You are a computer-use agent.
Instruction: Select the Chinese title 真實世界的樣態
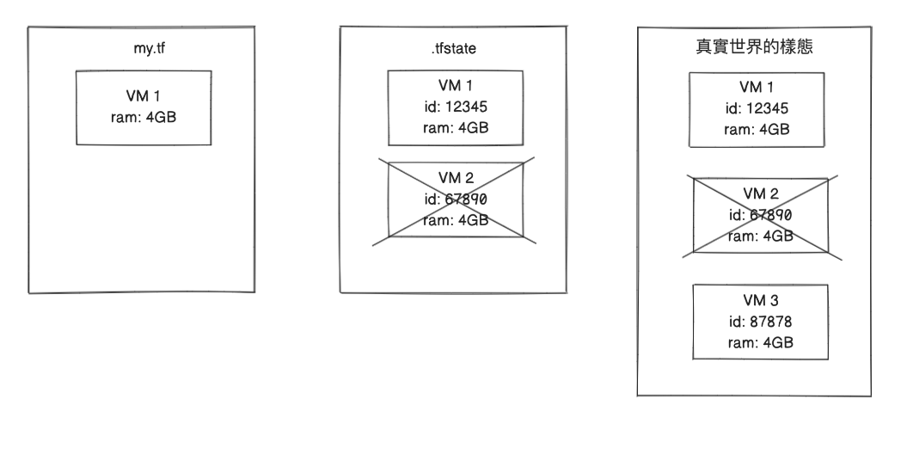(x=756, y=49)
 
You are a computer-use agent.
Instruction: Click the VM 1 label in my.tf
(x=144, y=96)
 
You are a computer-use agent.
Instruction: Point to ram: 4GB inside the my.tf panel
(x=144, y=117)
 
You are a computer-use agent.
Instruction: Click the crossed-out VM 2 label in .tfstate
(x=456, y=178)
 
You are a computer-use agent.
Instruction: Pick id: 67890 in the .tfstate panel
(x=456, y=199)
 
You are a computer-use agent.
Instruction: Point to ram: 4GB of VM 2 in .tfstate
(x=456, y=220)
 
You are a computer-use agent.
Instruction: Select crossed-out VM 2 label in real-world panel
(x=760, y=194)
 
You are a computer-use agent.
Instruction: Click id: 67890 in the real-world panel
(x=760, y=215)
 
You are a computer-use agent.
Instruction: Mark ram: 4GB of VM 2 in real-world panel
(x=760, y=236)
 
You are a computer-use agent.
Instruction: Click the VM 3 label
(x=760, y=301)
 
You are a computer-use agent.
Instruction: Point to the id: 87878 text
(x=760, y=322)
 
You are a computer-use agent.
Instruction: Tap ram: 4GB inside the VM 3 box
(x=760, y=342)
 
